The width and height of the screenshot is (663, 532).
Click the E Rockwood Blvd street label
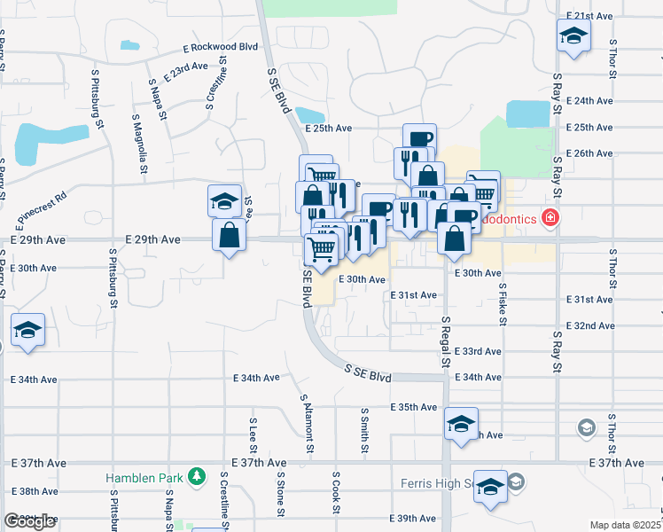click(220, 47)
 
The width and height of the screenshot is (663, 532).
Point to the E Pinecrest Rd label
click(42, 208)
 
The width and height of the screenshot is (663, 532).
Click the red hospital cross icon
click(551, 216)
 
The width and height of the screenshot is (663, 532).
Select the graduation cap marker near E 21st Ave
click(573, 37)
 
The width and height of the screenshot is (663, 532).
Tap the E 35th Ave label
click(414, 407)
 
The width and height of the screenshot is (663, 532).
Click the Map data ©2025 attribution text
click(625, 525)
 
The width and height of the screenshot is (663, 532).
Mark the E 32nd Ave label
click(594, 325)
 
